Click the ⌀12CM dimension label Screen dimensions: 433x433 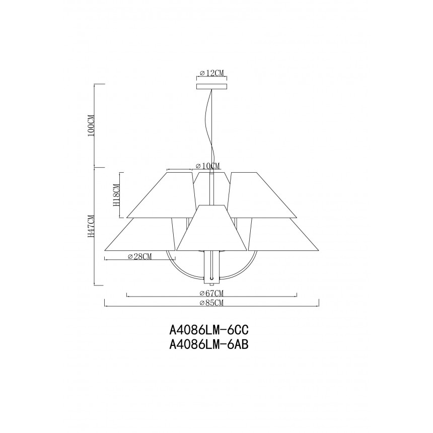tap(211, 73)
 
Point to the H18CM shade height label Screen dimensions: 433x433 tap(116, 195)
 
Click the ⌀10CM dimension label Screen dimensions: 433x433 tap(207, 166)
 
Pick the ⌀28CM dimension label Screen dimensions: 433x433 tap(140, 257)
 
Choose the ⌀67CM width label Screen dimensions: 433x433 tap(211, 293)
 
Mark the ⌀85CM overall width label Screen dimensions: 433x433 tap(211, 303)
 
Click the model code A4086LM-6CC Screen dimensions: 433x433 tap(209, 329)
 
